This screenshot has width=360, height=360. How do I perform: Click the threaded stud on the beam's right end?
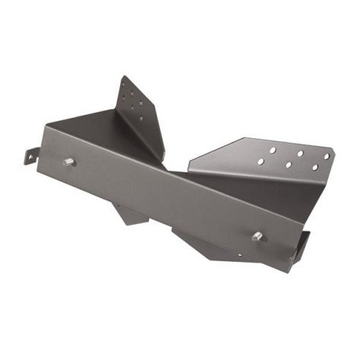click(258, 235)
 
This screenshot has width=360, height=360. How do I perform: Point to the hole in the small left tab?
click(31, 156)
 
